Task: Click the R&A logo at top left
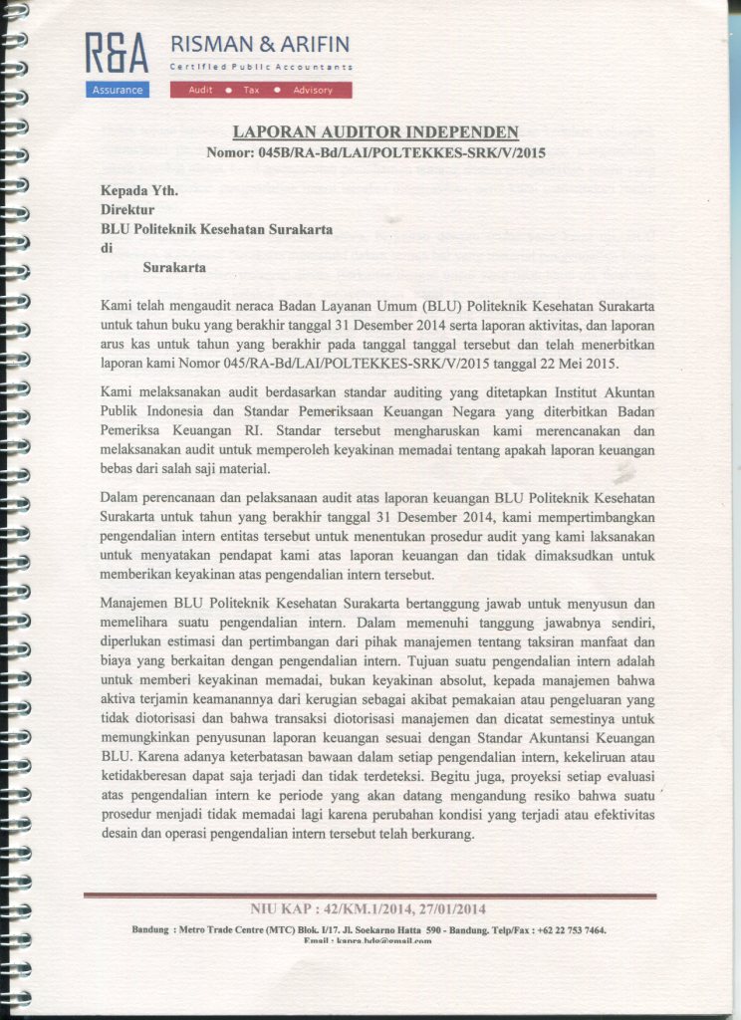click(116, 54)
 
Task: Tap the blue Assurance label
click(118, 91)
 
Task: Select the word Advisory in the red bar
click(313, 91)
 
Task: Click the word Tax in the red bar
click(251, 91)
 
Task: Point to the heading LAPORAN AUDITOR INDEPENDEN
click(375, 132)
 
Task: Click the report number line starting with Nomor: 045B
click(375, 153)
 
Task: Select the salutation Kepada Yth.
click(132, 190)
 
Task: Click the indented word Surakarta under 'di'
click(174, 267)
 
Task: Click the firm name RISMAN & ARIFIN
click(260, 44)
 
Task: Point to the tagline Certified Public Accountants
click(261, 67)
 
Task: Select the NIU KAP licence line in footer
click(370, 908)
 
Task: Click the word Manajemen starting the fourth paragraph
click(135, 603)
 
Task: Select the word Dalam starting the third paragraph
click(121, 496)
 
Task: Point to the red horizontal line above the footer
click(370, 894)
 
